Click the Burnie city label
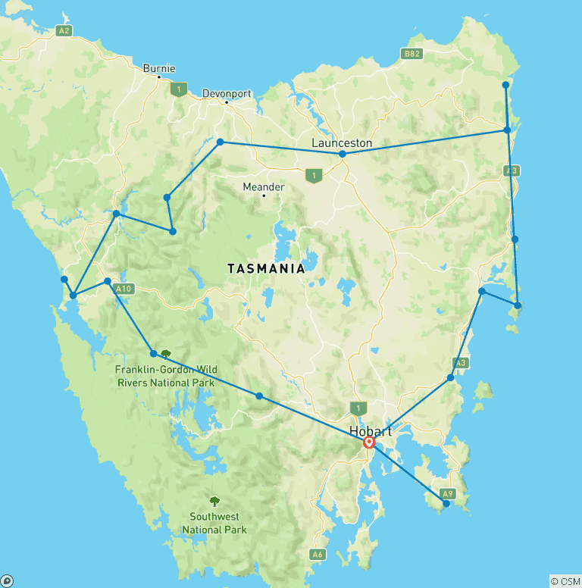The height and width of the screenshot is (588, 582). [158, 68]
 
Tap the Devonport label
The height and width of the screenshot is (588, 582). [227, 94]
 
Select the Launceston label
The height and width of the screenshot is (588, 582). [343, 142]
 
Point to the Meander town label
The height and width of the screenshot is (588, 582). [264, 186]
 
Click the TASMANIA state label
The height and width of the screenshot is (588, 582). [267, 268]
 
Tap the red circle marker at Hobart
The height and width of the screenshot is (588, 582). [369, 443]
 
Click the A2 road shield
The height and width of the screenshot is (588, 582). [64, 31]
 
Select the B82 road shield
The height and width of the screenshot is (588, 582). [411, 54]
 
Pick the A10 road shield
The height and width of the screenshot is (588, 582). [125, 288]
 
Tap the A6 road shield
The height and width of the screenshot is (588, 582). [318, 555]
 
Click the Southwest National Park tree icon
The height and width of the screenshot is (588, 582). [214, 501]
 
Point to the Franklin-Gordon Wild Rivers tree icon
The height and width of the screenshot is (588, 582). [165, 353]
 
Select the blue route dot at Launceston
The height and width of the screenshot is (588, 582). [343, 154]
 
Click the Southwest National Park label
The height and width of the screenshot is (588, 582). [214, 524]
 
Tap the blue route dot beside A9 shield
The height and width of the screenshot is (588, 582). [446, 503]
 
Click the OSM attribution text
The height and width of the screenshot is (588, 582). [565, 581]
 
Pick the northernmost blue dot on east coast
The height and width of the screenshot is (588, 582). [506, 85]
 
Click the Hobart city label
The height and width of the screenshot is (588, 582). [371, 430]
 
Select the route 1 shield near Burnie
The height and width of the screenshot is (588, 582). [178, 89]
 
